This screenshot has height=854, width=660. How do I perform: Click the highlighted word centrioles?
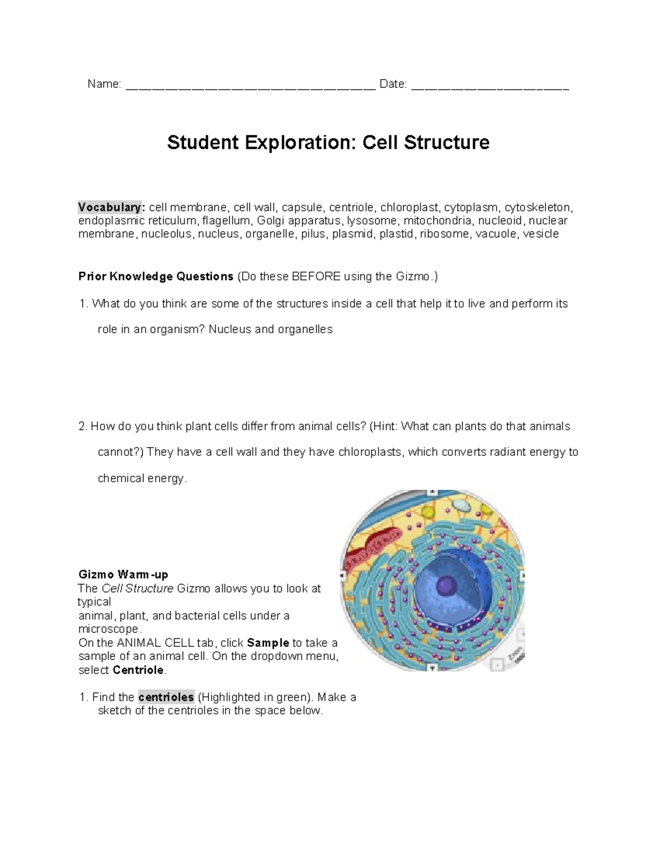coord(166,697)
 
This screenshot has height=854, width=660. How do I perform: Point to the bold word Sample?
coord(268,643)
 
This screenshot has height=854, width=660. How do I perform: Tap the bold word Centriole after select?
coord(138,670)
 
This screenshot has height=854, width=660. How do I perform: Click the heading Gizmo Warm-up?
coord(123,575)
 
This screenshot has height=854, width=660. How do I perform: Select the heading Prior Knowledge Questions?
coord(156,276)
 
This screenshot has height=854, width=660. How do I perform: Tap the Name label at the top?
coord(104,84)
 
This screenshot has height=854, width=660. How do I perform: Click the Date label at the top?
coord(393,84)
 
